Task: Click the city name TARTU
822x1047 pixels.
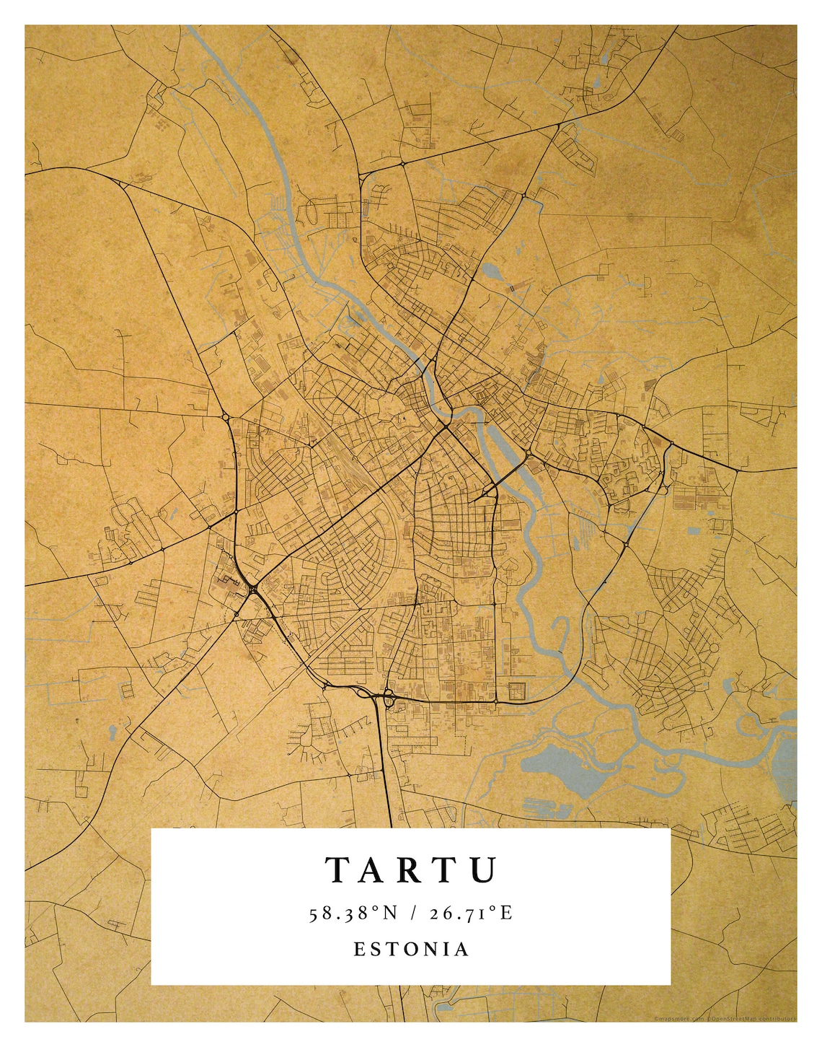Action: pyautogui.click(x=411, y=869)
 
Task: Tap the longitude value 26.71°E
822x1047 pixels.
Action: pyautogui.click(x=471, y=914)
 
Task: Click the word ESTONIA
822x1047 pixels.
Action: pyautogui.click(x=411, y=949)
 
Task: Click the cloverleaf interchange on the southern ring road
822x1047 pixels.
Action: pyautogui.click(x=386, y=697)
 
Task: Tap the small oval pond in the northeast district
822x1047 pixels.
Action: pyautogui.click(x=492, y=272)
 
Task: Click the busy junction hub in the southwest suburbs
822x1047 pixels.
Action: pyautogui.click(x=253, y=590)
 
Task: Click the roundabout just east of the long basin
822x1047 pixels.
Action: pyautogui.click(x=530, y=452)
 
